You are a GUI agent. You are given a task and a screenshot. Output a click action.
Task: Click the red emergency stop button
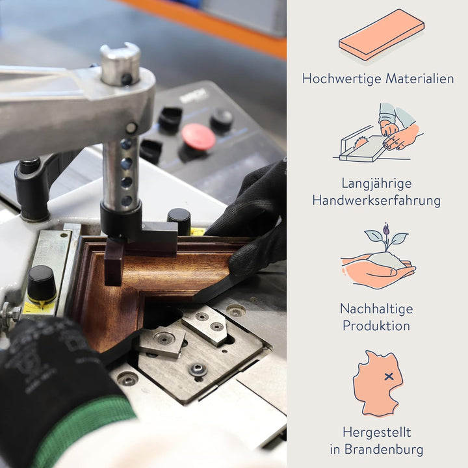198,136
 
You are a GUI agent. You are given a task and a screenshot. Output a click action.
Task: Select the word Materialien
420,79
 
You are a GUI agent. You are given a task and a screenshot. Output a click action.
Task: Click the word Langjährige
376,184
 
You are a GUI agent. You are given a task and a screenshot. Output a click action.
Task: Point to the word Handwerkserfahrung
376,201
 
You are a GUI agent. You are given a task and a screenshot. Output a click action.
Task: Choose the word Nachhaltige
376,309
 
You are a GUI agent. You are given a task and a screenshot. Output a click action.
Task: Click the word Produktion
376,326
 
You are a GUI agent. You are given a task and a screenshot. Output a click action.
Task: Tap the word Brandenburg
384,450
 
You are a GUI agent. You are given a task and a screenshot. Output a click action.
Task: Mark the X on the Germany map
389,376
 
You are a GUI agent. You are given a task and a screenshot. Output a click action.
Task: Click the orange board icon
382,35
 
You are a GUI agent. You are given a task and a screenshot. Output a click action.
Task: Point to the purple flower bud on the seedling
386,229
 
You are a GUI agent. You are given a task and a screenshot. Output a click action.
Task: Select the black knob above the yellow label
42,283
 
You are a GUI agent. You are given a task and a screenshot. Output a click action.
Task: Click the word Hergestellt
376,433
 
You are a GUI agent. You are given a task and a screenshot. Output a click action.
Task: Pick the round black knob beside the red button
222,120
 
